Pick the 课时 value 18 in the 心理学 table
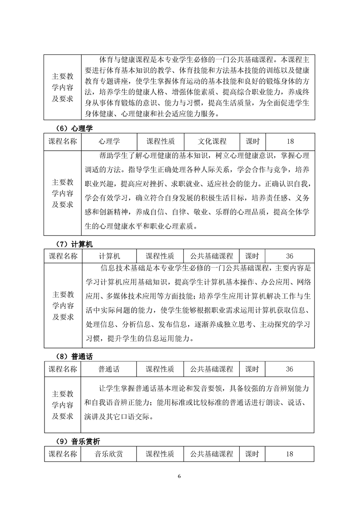click(290, 141)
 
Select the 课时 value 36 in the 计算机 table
click(290, 256)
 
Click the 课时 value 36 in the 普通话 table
click(290, 368)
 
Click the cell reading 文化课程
click(212, 141)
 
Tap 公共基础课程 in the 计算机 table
click(212, 256)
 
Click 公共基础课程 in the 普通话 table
click(212, 368)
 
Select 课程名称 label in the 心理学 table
click(63, 141)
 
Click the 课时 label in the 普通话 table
click(252, 368)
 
